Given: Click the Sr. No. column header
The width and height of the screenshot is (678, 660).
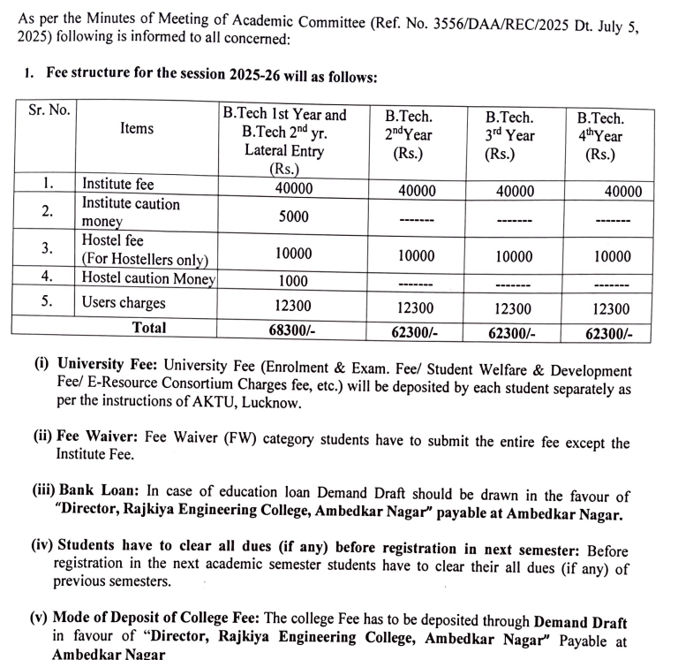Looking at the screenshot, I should (49, 113).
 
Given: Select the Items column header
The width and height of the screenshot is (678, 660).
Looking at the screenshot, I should (137, 129).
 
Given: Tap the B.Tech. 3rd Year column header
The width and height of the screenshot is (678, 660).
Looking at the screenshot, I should (509, 135).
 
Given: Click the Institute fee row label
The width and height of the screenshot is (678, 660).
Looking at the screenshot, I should (117, 185).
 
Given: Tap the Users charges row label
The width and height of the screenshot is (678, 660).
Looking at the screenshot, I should (124, 303).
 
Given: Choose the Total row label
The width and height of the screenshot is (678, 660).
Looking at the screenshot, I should (148, 328).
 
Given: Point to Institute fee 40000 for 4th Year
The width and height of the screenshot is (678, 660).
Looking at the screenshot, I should (622, 192).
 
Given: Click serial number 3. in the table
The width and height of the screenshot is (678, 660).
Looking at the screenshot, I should (49, 248).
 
